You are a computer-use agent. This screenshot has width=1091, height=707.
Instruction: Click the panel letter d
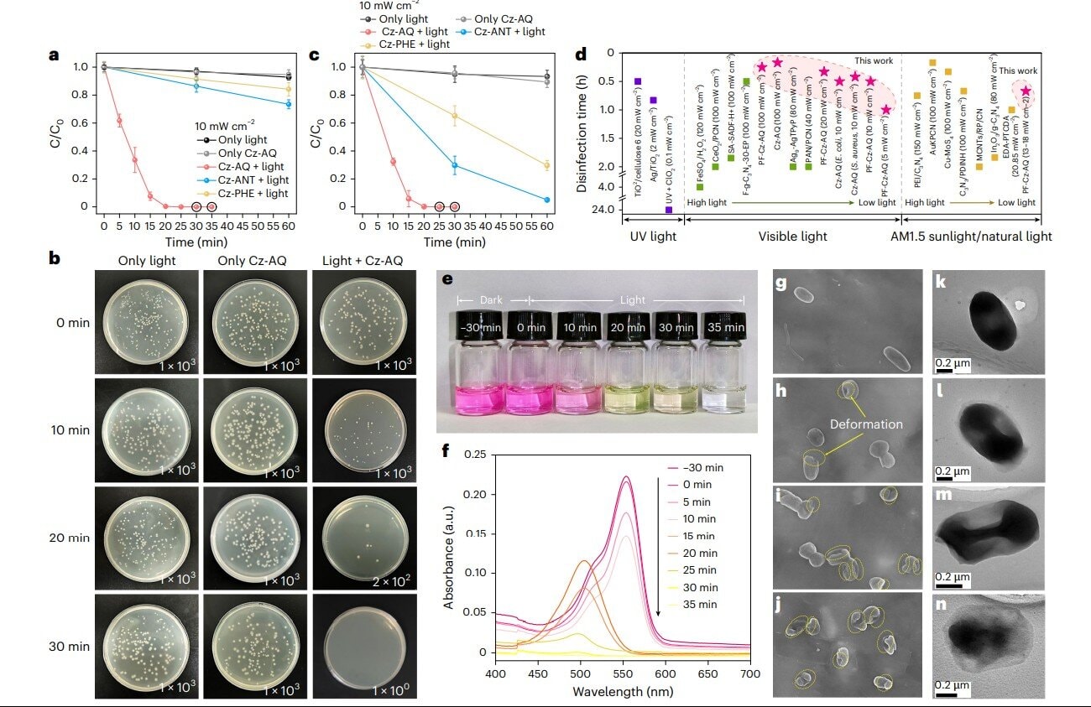point(582,56)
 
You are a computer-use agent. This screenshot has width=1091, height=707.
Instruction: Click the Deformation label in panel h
point(866,424)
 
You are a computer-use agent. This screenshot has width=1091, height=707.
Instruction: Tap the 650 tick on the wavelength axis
point(708,673)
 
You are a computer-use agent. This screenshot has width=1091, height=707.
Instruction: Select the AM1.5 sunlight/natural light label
point(970,237)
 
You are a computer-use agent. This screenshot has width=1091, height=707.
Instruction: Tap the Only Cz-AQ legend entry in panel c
point(501,18)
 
